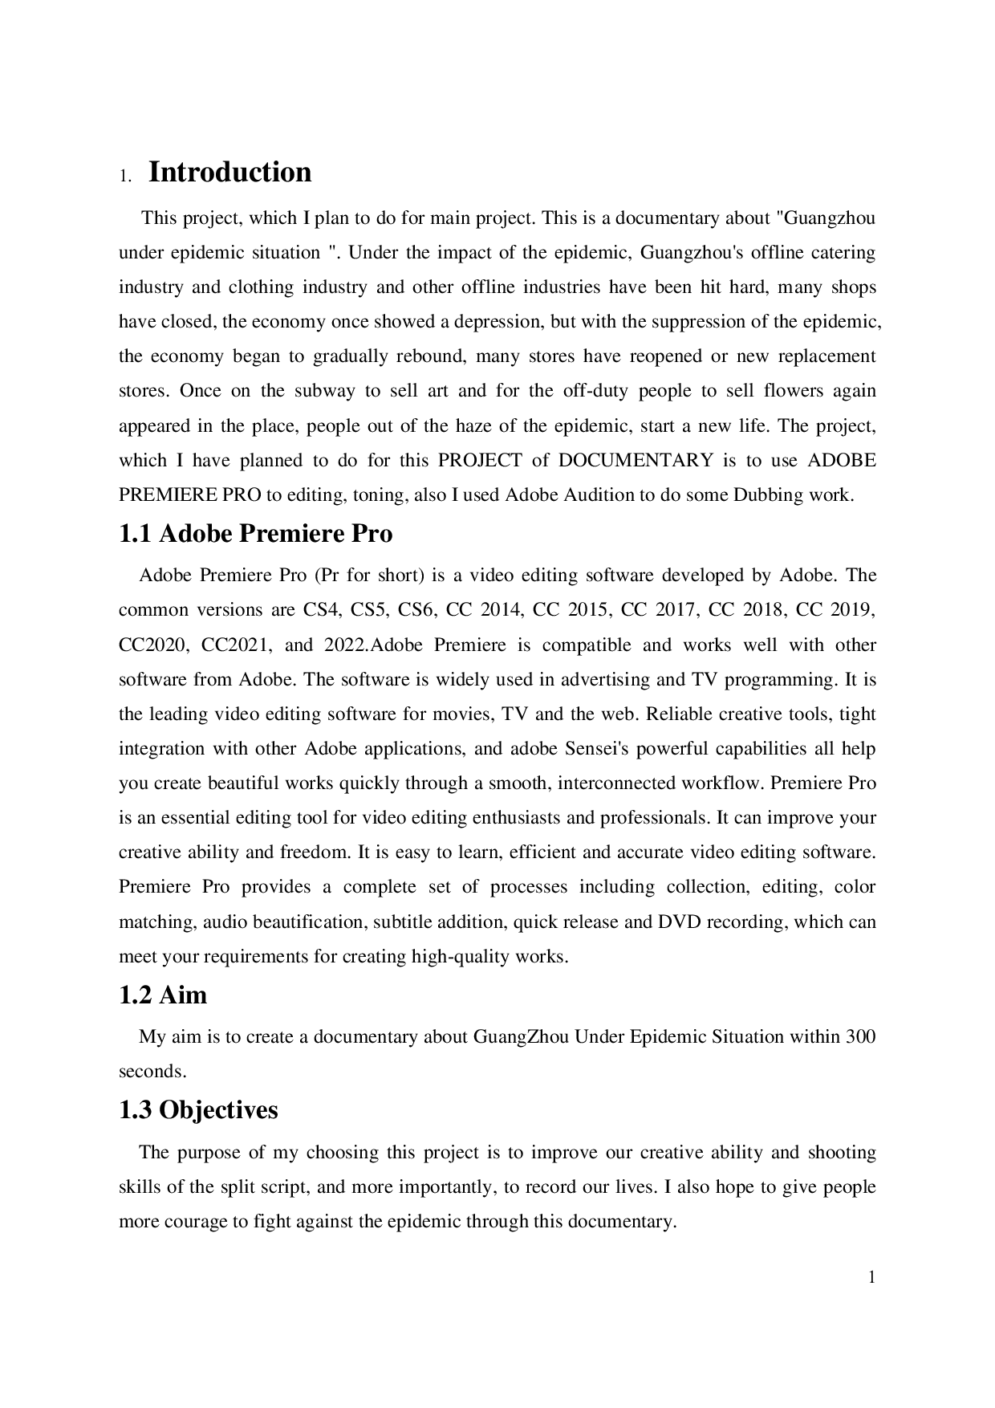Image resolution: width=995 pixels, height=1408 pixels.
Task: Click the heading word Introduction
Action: [230, 173]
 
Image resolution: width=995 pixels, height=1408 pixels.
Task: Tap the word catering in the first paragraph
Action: [843, 253]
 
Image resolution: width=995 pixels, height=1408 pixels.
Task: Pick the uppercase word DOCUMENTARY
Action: [636, 461]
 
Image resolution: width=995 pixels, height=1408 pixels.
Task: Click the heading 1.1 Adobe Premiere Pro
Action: [255, 534]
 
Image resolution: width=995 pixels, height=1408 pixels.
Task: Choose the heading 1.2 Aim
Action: [163, 995]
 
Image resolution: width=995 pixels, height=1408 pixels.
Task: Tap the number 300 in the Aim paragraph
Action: [860, 1037]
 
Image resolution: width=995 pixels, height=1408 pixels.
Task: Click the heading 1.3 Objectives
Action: [198, 1110]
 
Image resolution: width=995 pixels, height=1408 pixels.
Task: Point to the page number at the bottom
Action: [871, 1277]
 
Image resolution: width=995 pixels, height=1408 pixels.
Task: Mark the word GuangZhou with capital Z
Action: [521, 1037]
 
